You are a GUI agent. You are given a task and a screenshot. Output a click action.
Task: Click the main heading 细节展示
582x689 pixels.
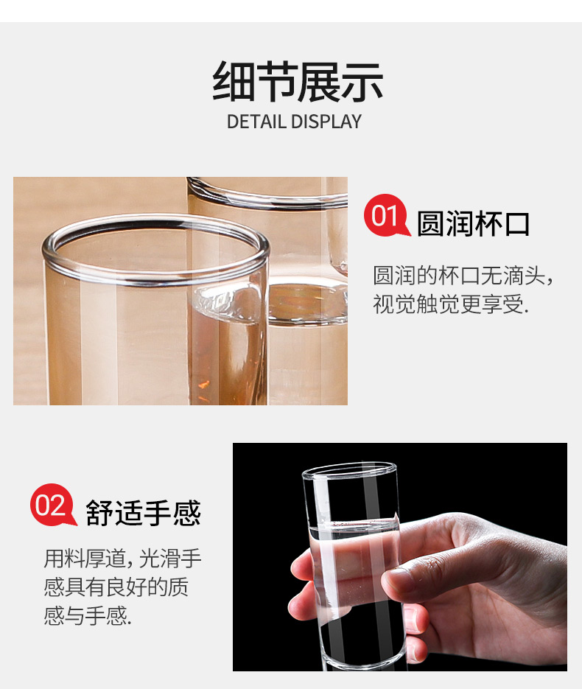[x=298, y=82]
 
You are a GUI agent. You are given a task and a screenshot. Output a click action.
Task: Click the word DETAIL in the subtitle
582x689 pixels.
[x=256, y=122]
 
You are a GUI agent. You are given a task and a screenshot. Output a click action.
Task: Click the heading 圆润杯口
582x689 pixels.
[x=473, y=224]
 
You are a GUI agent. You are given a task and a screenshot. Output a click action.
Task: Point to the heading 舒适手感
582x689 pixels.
[x=143, y=513]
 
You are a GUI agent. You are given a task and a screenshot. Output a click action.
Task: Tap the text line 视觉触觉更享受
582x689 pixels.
[x=451, y=304]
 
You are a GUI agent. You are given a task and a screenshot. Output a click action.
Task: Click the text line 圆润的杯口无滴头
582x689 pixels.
[x=463, y=276]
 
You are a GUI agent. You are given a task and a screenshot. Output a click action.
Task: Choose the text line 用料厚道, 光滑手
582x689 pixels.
[x=122, y=559]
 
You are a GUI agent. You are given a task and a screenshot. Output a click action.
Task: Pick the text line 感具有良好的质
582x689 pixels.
[x=116, y=587]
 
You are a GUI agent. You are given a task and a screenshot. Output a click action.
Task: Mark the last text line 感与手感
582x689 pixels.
[x=88, y=615]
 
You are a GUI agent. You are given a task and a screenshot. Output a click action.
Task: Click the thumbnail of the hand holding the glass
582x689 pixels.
[x=400, y=557]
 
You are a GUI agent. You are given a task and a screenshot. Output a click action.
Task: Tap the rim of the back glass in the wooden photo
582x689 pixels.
[x=268, y=200]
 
